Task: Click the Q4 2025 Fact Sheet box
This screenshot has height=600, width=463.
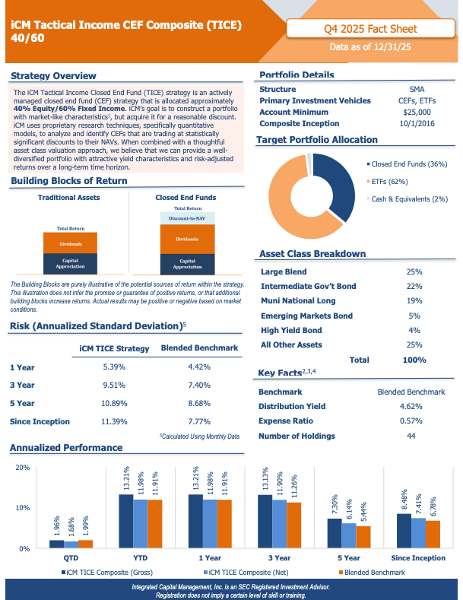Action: coord(370,30)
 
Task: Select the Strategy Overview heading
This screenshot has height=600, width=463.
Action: coord(53,75)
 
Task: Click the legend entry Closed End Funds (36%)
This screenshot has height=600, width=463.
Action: coord(408,163)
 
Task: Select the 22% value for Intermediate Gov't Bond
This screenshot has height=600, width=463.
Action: coord(414,286)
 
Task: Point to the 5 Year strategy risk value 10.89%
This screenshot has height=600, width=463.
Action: coord(114,402)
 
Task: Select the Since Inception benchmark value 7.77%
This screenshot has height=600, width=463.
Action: coord(199,421)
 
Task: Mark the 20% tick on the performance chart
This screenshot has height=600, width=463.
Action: coord(22,468)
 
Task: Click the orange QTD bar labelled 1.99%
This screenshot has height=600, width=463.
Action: coord(85,543)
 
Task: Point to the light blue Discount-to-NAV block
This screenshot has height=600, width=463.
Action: coord(187,218)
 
